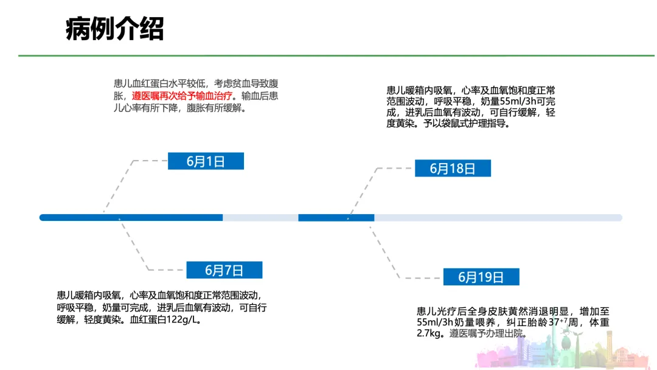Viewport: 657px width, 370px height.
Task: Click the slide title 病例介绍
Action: pyautogui.click(x=114, y=29)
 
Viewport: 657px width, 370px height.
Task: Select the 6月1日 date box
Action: pyautogui.click(x=206, y=161)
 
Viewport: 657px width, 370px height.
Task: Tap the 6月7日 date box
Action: pyautogui.click(x=224, y=270)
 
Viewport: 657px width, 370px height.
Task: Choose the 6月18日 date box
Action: pyautogui.click(x=453, y=169)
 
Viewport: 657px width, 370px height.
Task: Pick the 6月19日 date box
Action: pyautogui.click(x=481, y=277)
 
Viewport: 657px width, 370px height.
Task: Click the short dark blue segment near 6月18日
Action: pyautogui.click(x=336, y=218)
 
